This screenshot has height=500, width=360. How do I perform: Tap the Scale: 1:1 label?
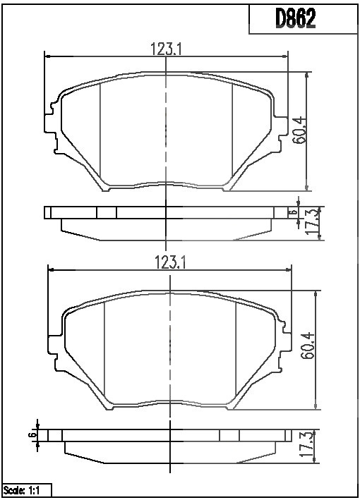point(25,489)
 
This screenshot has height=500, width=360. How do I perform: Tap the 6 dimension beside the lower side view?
point(32,435)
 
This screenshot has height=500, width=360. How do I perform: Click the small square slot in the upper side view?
point(106,213)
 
